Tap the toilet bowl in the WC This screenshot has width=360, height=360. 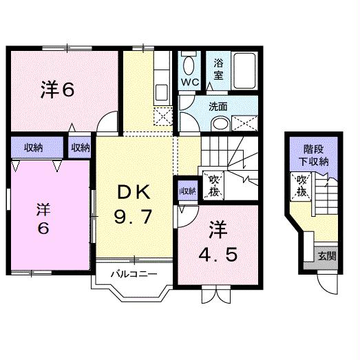click(190, 66)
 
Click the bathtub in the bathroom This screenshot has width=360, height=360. click(244, 69)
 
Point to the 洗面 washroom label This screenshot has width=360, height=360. click(218, 107)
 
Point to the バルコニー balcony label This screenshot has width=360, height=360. click(136, 273)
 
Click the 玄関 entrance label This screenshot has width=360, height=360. click(327, 255)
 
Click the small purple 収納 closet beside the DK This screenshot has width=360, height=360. click(187, 191)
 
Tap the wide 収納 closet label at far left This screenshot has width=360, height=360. click(34, 147)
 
